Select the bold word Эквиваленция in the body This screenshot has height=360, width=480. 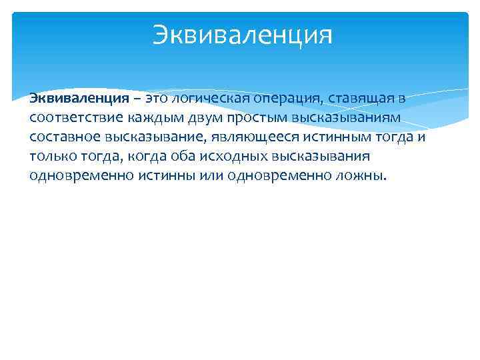(79, 99)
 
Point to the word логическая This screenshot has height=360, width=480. (209, 99)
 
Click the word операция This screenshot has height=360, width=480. (281, 99)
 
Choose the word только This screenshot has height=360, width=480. (53, 157)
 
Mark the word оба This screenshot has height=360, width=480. (195, 157)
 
